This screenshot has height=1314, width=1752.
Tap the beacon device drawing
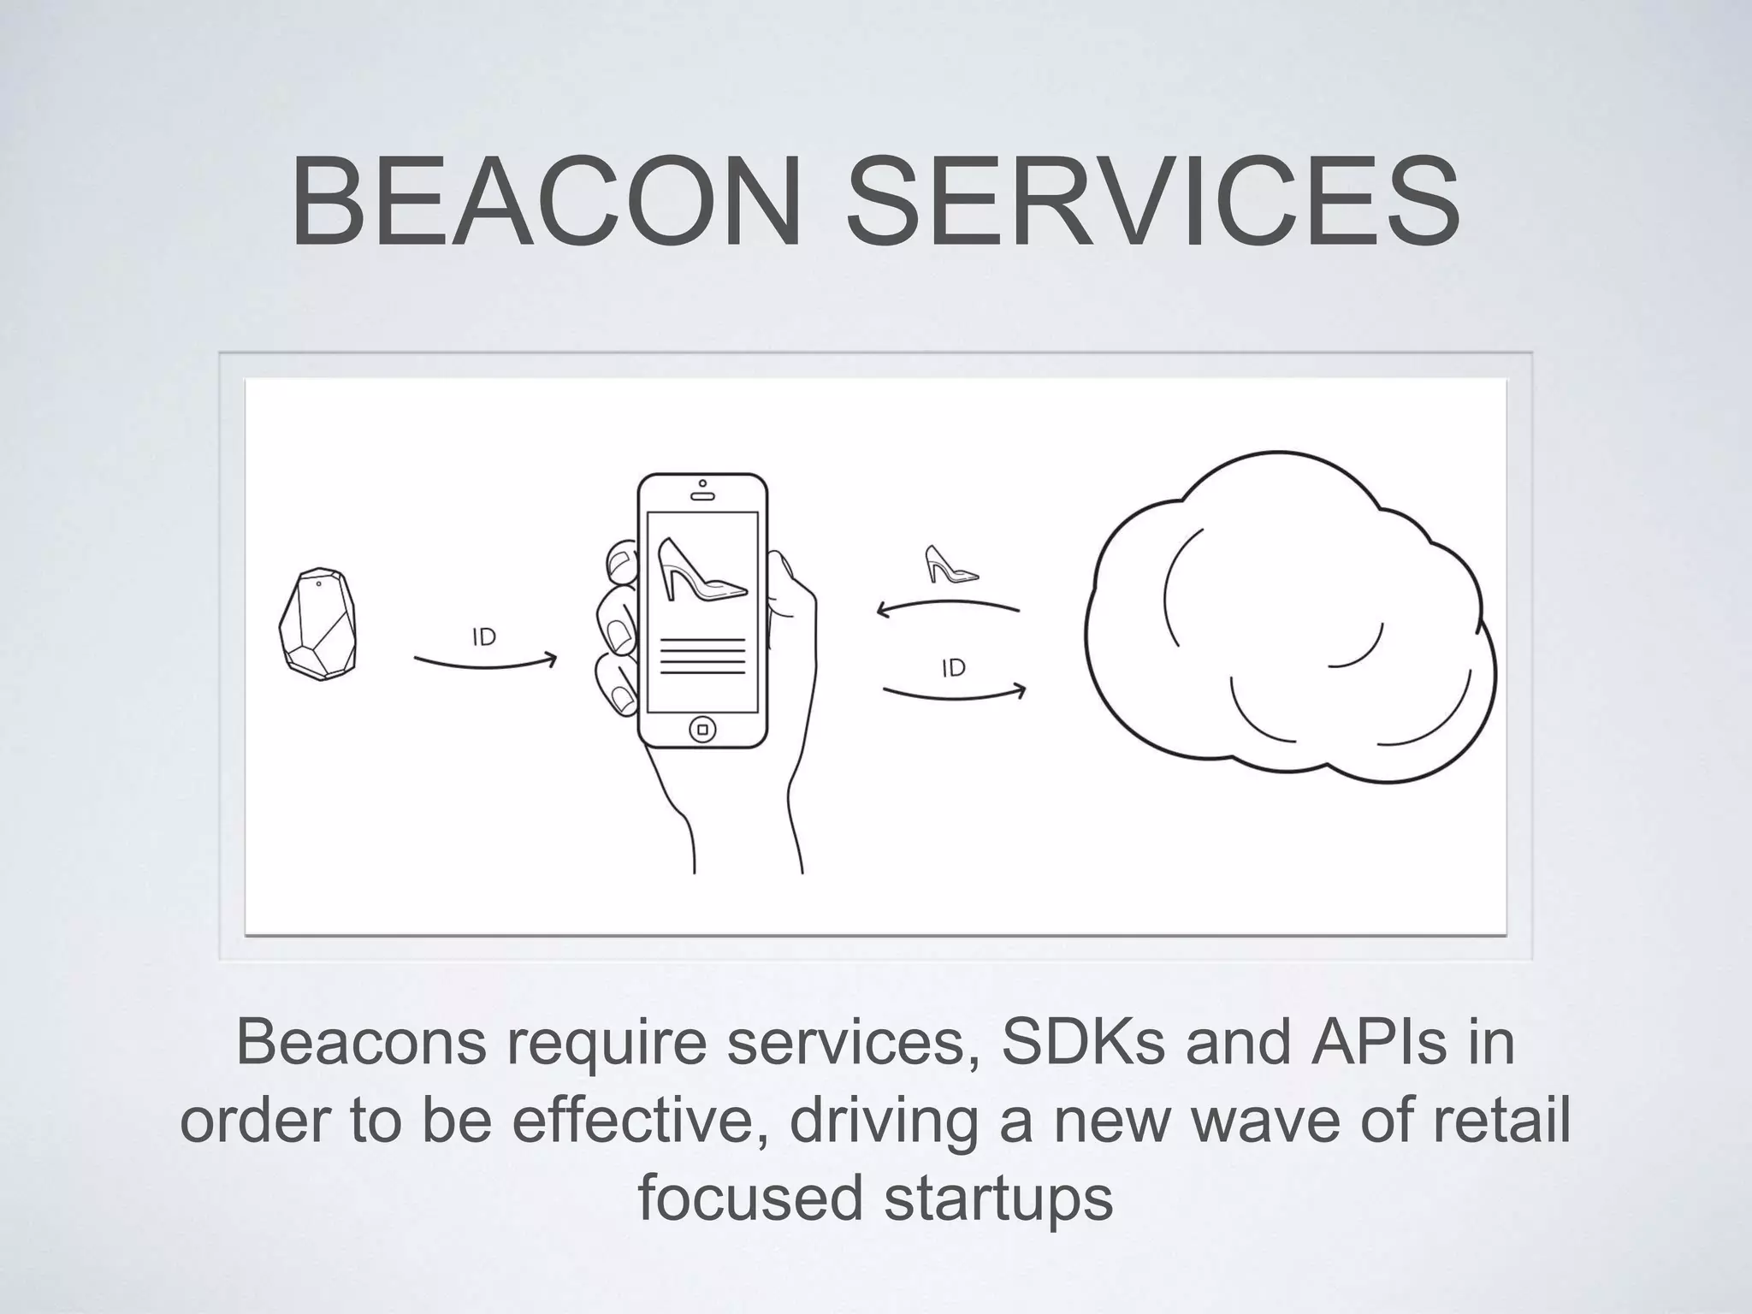[x=318, y=624]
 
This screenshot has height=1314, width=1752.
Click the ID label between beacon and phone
[x=484, y=637]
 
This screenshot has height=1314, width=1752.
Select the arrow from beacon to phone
[x=485, y=663]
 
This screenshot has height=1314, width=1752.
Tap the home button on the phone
[x=703, y=730]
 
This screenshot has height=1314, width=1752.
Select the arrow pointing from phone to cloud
[x=954, y=694]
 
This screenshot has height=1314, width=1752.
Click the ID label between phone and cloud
[x=954, y=668]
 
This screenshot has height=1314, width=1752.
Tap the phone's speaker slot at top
[x=702, y=496]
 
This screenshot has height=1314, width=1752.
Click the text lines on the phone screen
[x=702, y=656]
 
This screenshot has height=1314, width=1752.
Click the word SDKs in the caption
[x=1082, y=1043]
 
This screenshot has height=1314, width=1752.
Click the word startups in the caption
[x=997, y=1197]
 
